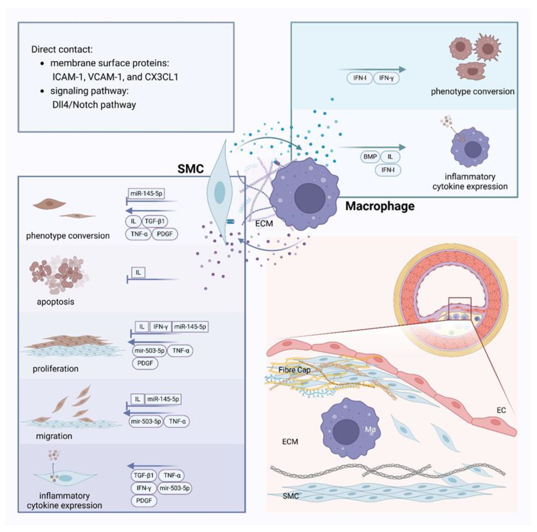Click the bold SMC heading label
click(x=190, y=169)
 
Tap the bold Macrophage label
click(x=380, y=206)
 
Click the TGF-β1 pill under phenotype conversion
click(x=155, y=221)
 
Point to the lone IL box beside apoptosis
click(x=138, y=272)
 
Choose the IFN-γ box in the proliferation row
click(x=160, y=327)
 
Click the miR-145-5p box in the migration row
click(x=163, y=399)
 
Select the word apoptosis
click(x=56, y=302)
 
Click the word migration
click(x=54, y=436)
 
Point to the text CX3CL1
click(x=161, y=77)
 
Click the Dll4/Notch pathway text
click(x=94, y=105)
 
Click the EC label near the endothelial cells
click(x=501, y=410)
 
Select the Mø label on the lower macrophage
click(x=370, y=430)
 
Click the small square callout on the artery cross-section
click(x=460, y=309)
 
